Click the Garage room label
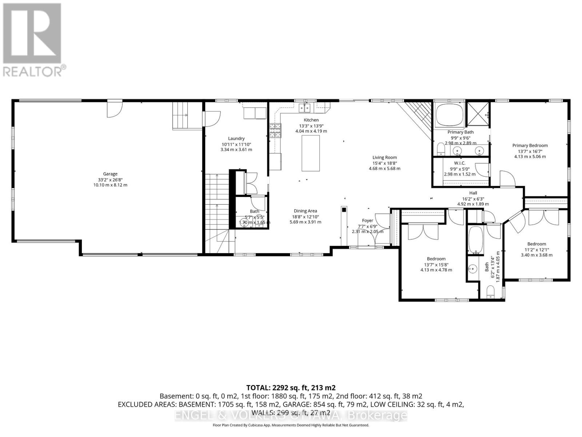pyautogui.click(x=110, y=174)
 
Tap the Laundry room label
pyautogui.click(x=236, y=138)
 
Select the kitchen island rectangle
pyautogui.click(x=311, y=153)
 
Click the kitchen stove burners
pyautogui.click(x=275, y=130)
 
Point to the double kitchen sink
pyautogui.click(x=305, y=108)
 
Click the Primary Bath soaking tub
pyautogui.click(x=450, y=114)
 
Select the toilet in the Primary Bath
pyautogui.click(x=441, y=148)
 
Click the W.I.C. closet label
pyautogui.click(x=459, y=163)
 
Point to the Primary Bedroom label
pyautogui.click(x=530, y=145)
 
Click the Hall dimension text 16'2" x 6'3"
pyautogui.click(x=473, y=199)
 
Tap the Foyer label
pyautogui.click(x=367, y=220)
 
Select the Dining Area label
pyautogui.click(x=305, y=211)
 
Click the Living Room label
pyautogui.click(x=384, y=157)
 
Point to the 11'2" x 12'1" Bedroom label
pyautogui.click(x=537, y=244)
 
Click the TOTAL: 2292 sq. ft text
pyautogui.click(x=291, y=387)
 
